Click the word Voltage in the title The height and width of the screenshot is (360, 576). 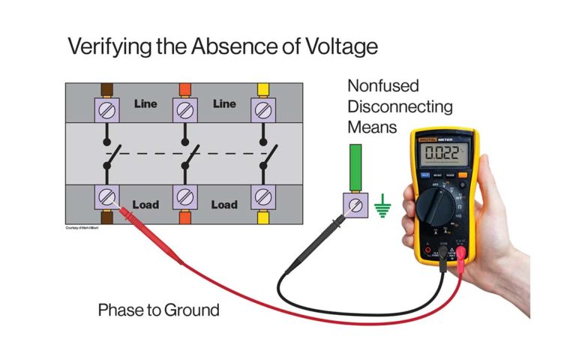329,46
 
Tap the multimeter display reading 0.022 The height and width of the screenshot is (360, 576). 442,154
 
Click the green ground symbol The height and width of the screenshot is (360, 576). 383,206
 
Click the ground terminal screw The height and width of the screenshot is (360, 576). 355,205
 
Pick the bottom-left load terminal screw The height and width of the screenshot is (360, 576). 106,198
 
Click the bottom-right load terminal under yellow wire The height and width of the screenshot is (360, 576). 262,198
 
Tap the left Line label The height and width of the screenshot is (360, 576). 146,103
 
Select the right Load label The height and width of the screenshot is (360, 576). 224,204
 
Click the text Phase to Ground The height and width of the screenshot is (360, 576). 158,309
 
